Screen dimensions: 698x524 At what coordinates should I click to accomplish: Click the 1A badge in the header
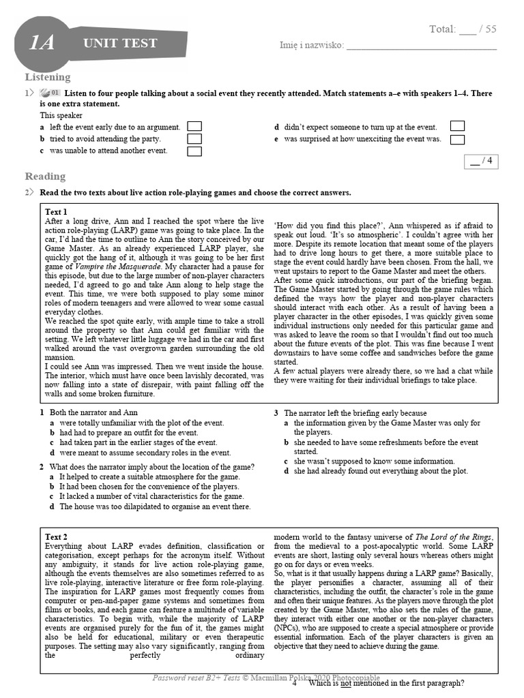(x=42, y=44)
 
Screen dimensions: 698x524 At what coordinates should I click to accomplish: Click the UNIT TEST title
(x=120, y=44)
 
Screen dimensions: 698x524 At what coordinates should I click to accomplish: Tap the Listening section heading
(x=48, y=78)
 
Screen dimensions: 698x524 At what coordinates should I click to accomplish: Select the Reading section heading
(x=45, y=177)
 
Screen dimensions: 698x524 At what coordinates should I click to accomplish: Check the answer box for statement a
(x=194, y=126)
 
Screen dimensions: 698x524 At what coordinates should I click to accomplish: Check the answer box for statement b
(x=194, y=138)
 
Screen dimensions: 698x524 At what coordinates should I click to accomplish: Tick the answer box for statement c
(x=194, y=151)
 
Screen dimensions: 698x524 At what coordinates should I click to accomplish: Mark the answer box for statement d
(x=457, y=126)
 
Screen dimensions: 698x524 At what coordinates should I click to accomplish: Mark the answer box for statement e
(x=457, y=139)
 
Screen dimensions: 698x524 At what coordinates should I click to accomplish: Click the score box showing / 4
(x=480, y=161)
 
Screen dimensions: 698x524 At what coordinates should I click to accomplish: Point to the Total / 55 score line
(x=462, y=29)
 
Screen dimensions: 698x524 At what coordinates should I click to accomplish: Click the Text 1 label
(x=56, y=212)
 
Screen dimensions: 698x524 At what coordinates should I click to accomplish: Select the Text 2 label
(x=56, y=537)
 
